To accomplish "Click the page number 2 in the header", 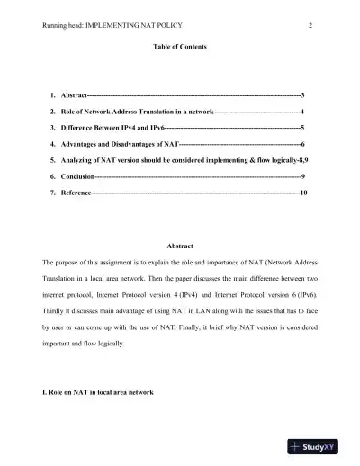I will click(x=310, y=25).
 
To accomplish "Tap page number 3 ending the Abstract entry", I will click(x=303, y=94).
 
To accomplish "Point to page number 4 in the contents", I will click(x=302, y=111).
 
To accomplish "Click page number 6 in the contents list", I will click(x=303, y=144).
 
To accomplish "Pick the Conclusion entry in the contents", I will click(x=76, y=177).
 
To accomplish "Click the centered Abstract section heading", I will click(x=180, y=246).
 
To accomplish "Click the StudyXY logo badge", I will click(x=321, y=446).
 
